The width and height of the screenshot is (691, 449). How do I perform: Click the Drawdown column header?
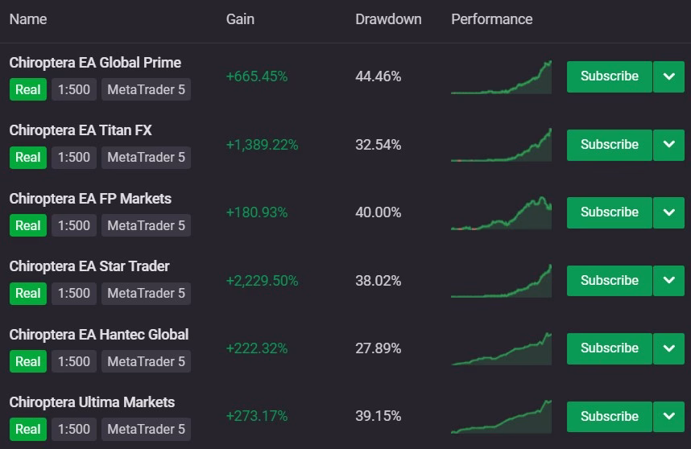coord(388,19)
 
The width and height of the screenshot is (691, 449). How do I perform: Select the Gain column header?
coord(240,19)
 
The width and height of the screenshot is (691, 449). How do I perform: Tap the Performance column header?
coord(492,19)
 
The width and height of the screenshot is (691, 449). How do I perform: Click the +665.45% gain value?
coord(256,76)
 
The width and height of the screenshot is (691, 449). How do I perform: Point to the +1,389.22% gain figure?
coord(263,145)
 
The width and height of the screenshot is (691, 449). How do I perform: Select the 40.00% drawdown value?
coord(378,212)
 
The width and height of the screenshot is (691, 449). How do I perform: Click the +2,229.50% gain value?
coord(263,281)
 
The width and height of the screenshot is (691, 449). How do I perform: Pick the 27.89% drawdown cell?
coord(378,348)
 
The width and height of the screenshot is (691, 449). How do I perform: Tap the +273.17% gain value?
coord(256,416)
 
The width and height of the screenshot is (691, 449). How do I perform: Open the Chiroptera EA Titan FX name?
coord(81,130)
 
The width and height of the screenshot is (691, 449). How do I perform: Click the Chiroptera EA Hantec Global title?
coord(99,335)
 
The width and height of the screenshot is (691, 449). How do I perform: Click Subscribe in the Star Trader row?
coord(610,280)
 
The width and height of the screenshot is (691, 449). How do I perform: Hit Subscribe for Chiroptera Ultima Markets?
coord(610,417)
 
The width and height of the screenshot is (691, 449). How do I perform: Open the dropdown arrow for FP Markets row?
coord(669,212)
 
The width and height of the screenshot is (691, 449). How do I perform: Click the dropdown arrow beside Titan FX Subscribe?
coord(669,145)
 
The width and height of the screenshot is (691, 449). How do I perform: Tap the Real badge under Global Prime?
coord(28,90)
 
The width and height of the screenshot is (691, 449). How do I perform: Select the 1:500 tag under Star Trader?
coord(74,294)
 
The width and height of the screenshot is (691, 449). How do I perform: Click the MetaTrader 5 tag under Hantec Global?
coord(147,361)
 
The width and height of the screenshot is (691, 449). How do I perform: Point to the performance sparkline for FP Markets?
coord(502,213)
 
